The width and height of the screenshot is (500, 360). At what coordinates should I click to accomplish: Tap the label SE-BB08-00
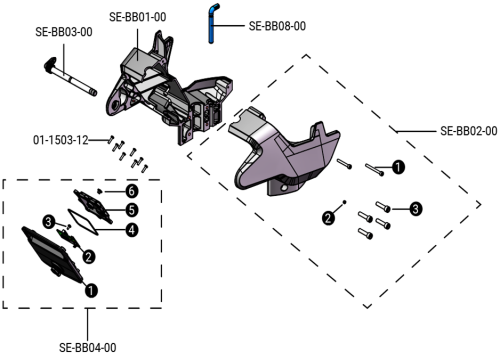click(x=276, y=24)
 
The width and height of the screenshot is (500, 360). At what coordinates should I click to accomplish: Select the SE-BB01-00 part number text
click(x=137, y=16)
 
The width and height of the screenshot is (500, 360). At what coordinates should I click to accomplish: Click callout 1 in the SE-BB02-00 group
click(x=398, y=167)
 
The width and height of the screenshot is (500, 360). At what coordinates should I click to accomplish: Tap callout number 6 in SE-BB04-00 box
click(x=130, y=190)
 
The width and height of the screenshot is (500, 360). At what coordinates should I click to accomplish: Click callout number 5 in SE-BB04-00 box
click(x=130, y=210)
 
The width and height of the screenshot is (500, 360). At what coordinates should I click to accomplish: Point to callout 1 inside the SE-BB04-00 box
click(x=92, y=291)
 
